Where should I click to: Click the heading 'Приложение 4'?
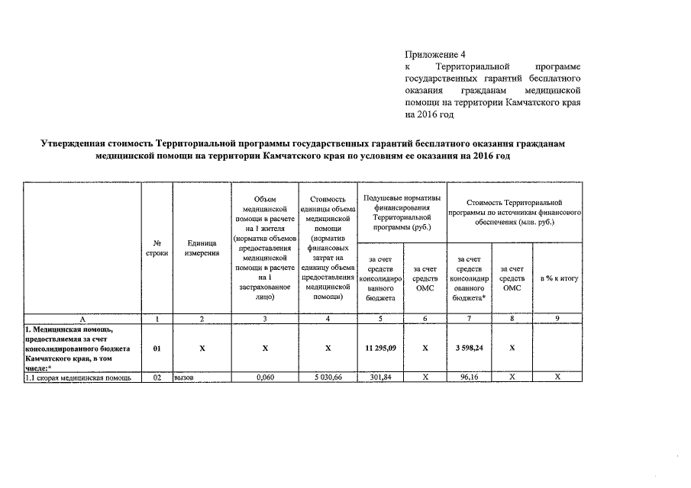click(x=434, y=54)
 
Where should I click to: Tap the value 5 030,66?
click(x=327, y=377)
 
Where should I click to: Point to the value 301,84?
click(x=380, y=377)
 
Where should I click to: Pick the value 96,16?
click(x=469, y=377)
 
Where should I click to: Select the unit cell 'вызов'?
click(x=186, y=377)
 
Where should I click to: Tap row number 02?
click(x=157, y=377)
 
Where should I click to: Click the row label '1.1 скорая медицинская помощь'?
click(x=79, y=377)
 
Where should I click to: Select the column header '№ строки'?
click(x=157, y=248)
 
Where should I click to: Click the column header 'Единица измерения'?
click(x=202, y=248)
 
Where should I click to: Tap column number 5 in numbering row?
click(x=380, y=318)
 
